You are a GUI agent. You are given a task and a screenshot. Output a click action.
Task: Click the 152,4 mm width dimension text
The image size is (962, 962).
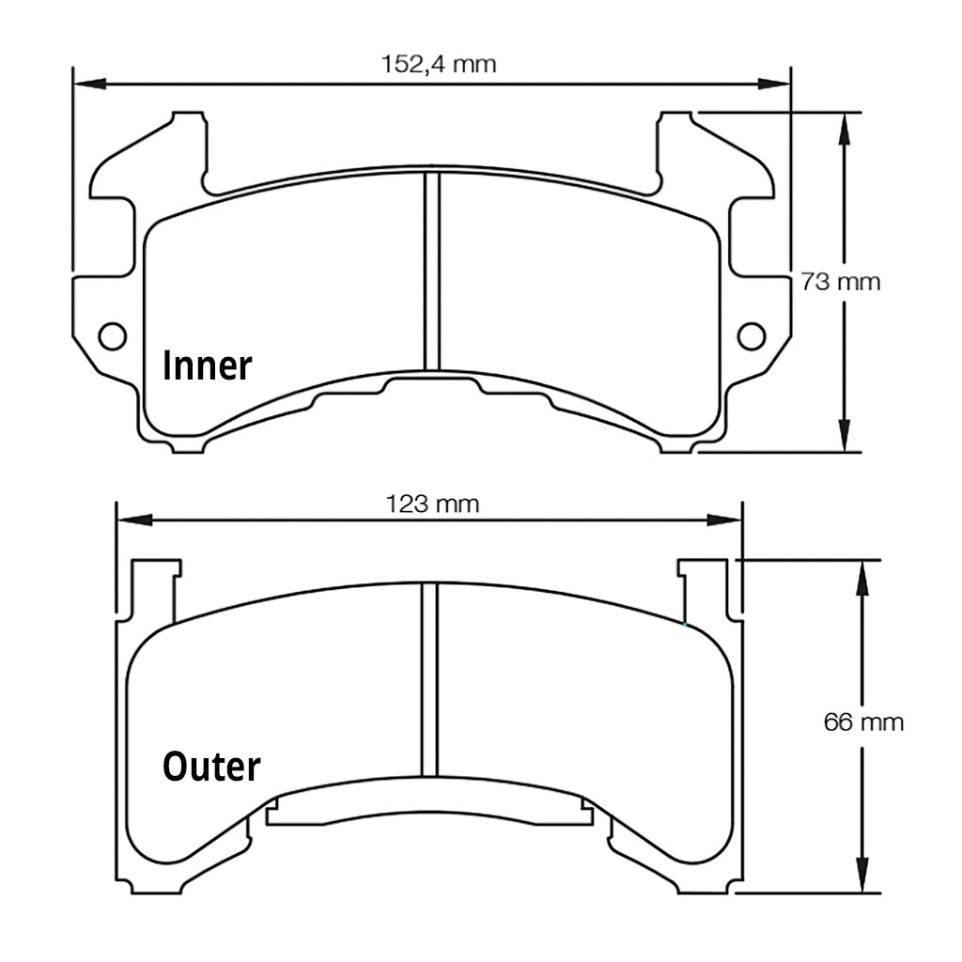[x=438, y=65]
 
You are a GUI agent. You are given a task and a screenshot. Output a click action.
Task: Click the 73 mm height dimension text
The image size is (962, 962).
[x=840, y=281]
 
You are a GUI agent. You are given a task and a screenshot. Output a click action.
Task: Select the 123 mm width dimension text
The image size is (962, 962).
[x=433, y=504]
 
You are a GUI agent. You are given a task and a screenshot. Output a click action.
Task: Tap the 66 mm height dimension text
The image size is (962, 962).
[x=862, y=722]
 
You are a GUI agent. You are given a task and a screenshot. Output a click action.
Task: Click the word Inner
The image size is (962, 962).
[x=208, y=366]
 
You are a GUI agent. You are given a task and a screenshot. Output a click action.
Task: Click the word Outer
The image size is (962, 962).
[x=211, y=767]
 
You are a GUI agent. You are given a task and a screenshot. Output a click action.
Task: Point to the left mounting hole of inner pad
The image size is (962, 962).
[x=112, y=335]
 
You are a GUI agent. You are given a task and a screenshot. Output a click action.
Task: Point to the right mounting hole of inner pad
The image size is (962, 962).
[x=751, y=335]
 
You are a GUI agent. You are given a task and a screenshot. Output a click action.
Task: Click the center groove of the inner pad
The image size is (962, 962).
[x=431, y=272]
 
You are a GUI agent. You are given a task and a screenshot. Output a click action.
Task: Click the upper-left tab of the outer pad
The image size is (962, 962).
[x=154, y=587]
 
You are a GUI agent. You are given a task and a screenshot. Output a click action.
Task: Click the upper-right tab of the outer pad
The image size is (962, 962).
[x=704, y=587]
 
